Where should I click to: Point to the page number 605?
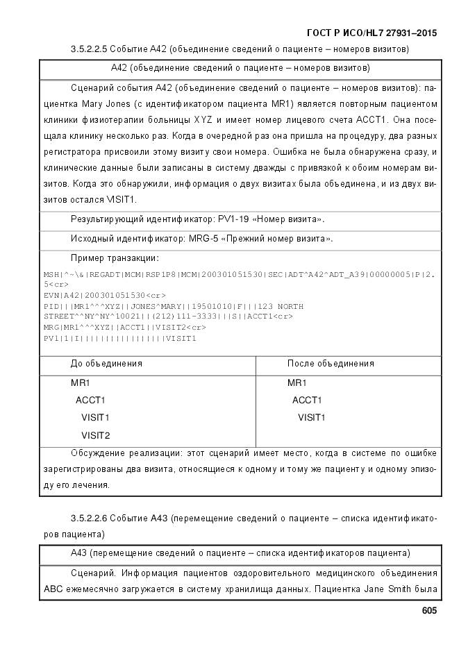429,611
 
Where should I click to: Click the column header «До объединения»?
106,364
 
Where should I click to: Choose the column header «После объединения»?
331,364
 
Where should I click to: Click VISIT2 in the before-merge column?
96,436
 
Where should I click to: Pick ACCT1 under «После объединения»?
307,400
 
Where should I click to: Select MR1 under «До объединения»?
81,382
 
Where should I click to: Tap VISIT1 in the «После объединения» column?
312,418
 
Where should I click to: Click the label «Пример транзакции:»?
115,258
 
